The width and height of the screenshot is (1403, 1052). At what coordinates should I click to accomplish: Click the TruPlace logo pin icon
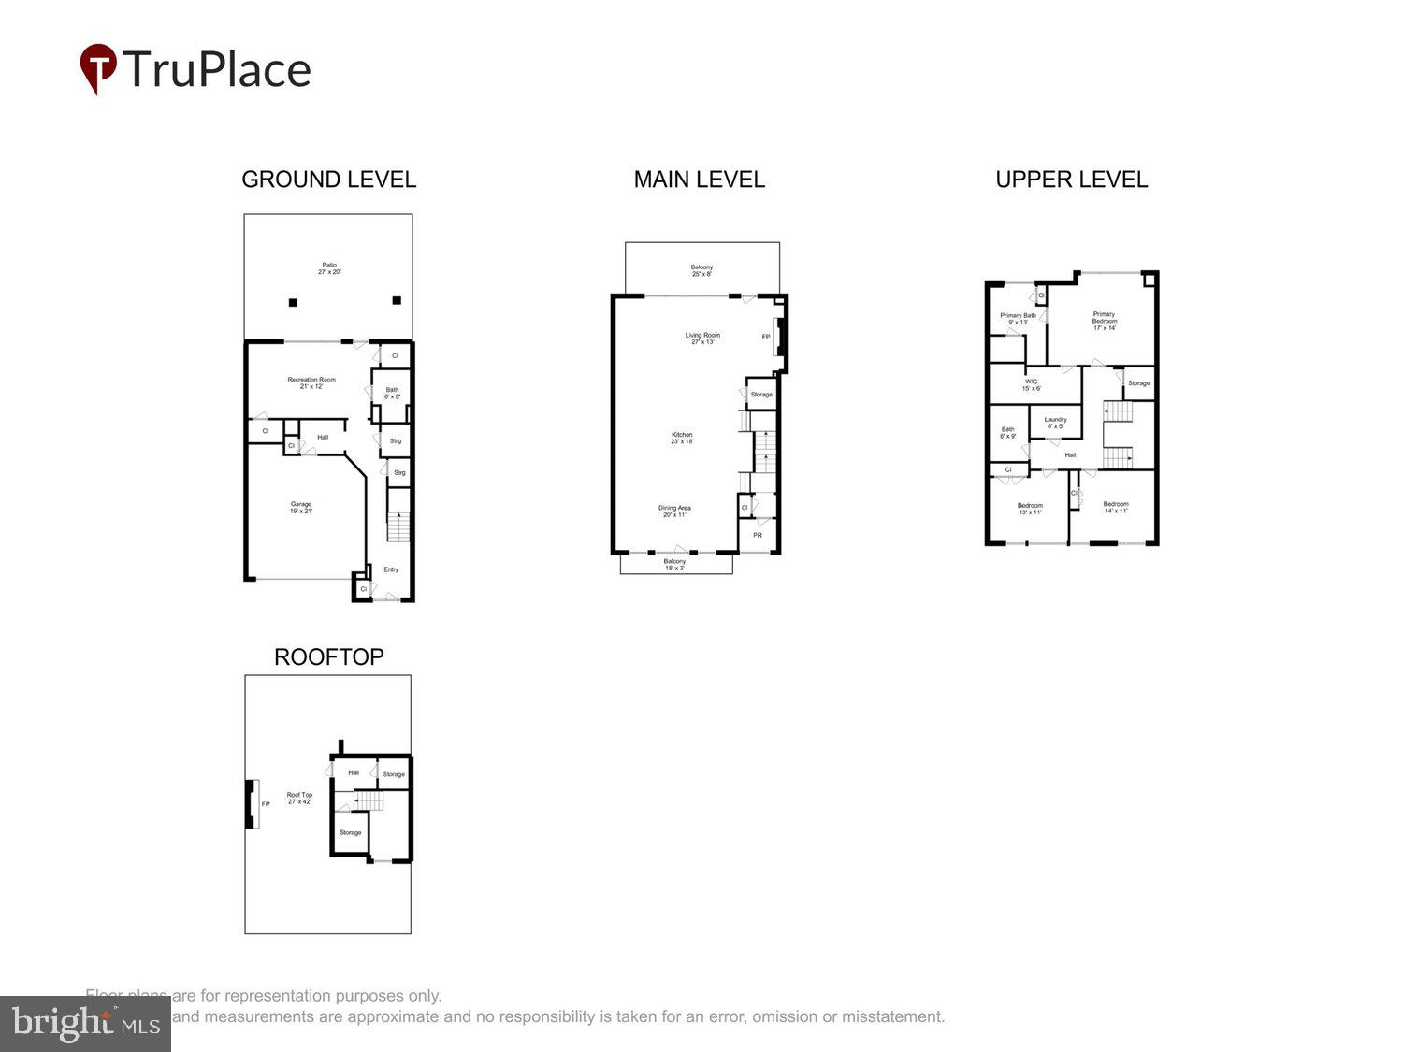pyautogui.click(x=97, y=68)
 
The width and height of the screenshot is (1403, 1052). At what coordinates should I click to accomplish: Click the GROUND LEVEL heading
pyautogui.click(x=328, y=180)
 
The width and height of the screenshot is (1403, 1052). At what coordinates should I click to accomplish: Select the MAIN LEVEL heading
pyautogui.click(x=699, y=180)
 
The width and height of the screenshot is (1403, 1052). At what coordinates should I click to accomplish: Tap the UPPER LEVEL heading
pyautogui.click(x=1071, y=180)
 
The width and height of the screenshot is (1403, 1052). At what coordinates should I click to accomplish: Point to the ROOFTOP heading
pyautogui.click(x=328, y=656)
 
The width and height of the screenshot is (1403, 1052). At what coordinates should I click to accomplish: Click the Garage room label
pyautogui.click(x=300, y=508)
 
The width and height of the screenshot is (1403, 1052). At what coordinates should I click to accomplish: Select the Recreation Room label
pyautogui.click(x=311, y=382)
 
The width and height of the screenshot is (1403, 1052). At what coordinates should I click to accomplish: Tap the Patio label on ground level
pyautogui.click(x=329, y=268)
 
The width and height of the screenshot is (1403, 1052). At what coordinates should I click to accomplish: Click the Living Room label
pyautogui.click(x=702, y=339)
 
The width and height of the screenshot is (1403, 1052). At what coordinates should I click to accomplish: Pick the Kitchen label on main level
pyautogui.click(x=682, y=438)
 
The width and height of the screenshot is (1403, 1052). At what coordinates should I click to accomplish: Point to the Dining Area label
pyautogui.click(x=674, y=512)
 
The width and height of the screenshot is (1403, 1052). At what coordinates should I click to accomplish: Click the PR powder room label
pyautogui.click(x=758, y=535)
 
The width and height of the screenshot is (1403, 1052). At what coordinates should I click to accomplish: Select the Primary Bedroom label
pyautogui.click(x=1104, y=321)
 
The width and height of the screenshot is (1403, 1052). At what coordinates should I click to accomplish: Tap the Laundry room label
pyautogui.click(x=1055, y=423)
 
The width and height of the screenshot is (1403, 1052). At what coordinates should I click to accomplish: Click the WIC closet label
pyautogui.click(x=1031, y=384)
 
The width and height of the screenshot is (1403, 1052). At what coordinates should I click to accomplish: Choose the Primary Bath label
pyautogui.click(x=1018, y=319)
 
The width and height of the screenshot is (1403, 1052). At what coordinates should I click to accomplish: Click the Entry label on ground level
pyautogui.click(x=391, y=569)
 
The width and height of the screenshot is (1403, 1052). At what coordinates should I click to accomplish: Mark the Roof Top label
pyautogui.click(x=299, y=798)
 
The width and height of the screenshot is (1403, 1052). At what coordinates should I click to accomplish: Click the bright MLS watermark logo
pyautogui.click(x=85, y=1023)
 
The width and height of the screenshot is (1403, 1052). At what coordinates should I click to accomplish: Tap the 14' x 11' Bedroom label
pyautogui.click(x=1115, y=507)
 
